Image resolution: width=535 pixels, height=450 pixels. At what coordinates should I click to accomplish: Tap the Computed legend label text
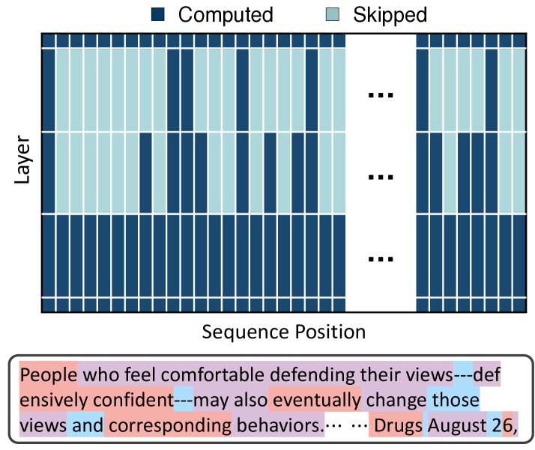pyautogui.click(x=226, y=14)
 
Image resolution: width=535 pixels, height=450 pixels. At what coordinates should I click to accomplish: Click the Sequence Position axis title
pyautogui.click(x=283, y=332)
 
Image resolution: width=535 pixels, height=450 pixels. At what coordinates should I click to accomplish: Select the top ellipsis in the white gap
pyautogui.click(x=381, y=95)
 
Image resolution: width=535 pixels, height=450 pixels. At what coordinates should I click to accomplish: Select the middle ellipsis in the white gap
pyautogui.click(x=381, y=177)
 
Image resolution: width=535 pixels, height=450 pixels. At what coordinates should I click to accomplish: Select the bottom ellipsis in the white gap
pyautogui.click(x=381, y=259)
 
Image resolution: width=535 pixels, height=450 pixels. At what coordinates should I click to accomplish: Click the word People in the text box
pyautogui.click(x=48, y=374)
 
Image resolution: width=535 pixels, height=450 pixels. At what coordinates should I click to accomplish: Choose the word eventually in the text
pyautogui.click(x=315, y=400)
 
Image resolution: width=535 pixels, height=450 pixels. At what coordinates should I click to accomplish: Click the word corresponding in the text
pyautogui.click(x=168, y=426)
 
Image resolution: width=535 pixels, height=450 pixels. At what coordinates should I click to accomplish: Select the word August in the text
pyautogui.click(x=456, y=426)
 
